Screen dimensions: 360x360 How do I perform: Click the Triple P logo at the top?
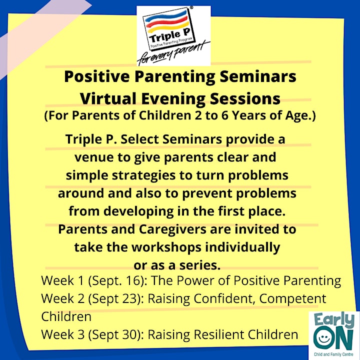coord(173,36)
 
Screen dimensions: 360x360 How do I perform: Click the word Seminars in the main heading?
coord(258,76)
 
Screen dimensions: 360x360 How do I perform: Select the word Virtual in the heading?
coord(108,98)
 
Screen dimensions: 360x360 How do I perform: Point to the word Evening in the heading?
coord(173,99)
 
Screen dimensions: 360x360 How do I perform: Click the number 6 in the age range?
coord(224,115)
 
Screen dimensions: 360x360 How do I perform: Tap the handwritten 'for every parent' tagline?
coord(173,53)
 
